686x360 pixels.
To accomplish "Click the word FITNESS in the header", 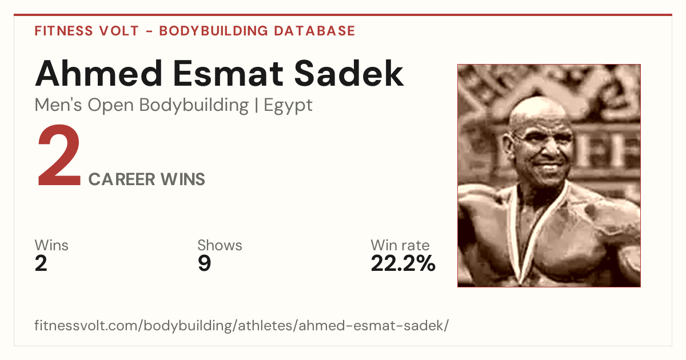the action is pos(63,31).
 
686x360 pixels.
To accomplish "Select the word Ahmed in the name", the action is pos(98,74).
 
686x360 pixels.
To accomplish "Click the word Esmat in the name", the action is pos(228,74).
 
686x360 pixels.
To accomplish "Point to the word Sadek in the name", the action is pos(349,74).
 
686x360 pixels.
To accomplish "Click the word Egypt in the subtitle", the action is pos(288,106).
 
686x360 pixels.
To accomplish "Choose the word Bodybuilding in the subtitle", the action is pos(194,106).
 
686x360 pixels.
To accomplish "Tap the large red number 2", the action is pos(59,155).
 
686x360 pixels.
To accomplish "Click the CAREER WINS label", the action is pos(147,179).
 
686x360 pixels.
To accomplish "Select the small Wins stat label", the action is pos(51,245).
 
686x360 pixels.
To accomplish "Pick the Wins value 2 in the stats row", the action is pos(41,263).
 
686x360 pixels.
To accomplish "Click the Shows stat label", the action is pos(220,245).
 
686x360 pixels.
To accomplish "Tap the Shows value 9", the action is pos(204,263).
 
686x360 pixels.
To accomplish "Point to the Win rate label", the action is pos(400,245).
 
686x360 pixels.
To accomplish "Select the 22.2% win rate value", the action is pos(403,263).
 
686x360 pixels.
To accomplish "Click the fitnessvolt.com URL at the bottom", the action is pos(242,326).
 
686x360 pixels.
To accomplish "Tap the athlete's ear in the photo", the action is pos(509,145).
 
